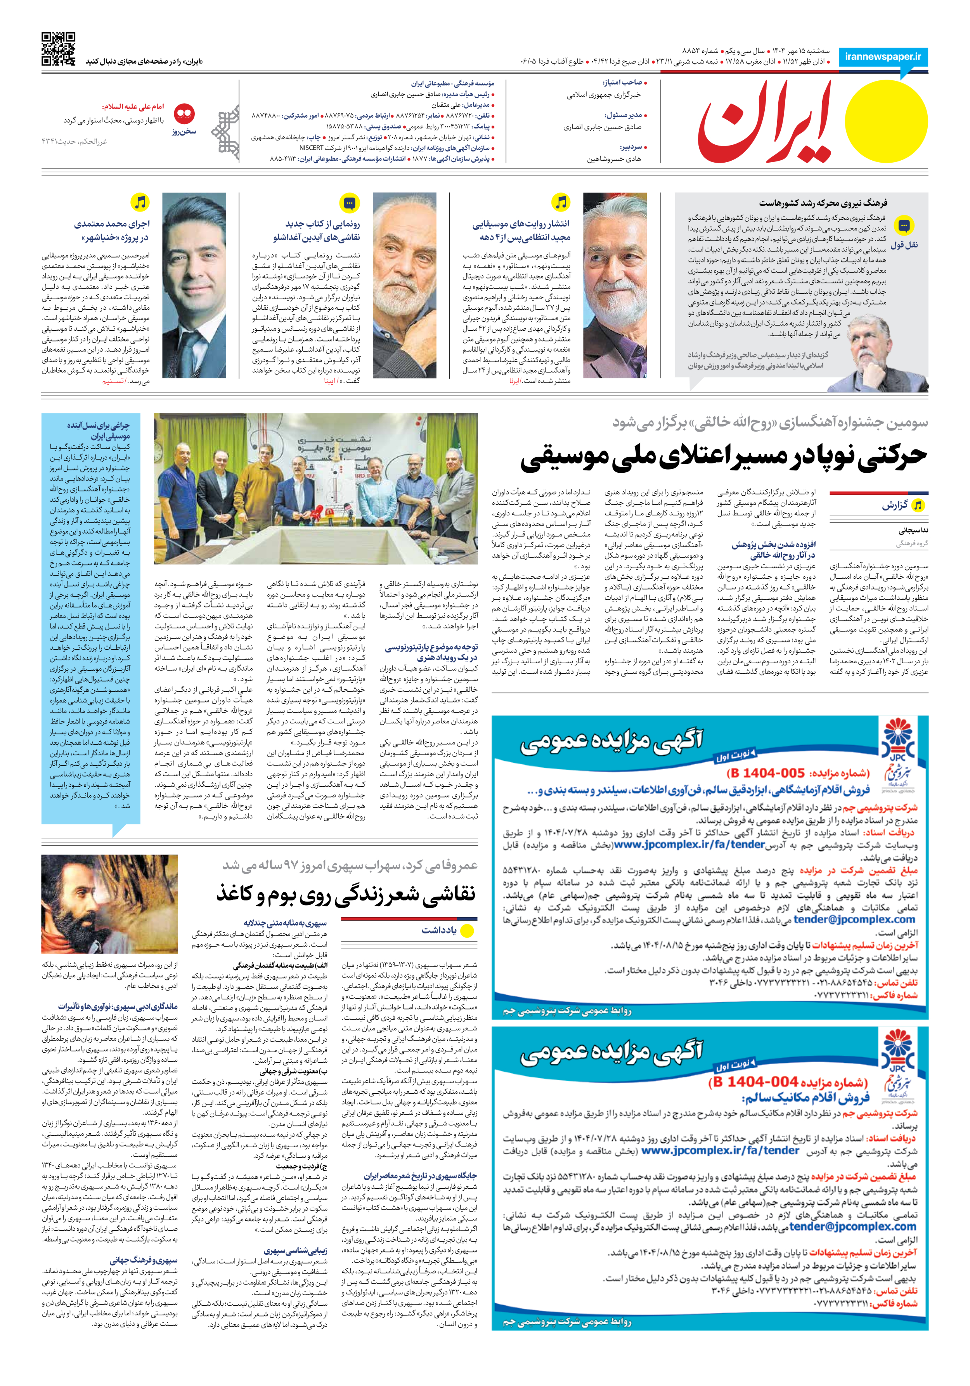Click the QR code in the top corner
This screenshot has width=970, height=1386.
tap(59, 48)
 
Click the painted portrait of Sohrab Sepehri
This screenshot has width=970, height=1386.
tap(109, 903)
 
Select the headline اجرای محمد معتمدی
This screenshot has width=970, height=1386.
tap(111, 230)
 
